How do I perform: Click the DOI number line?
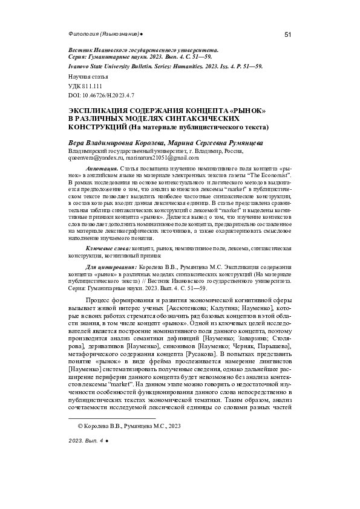(100, 96)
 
